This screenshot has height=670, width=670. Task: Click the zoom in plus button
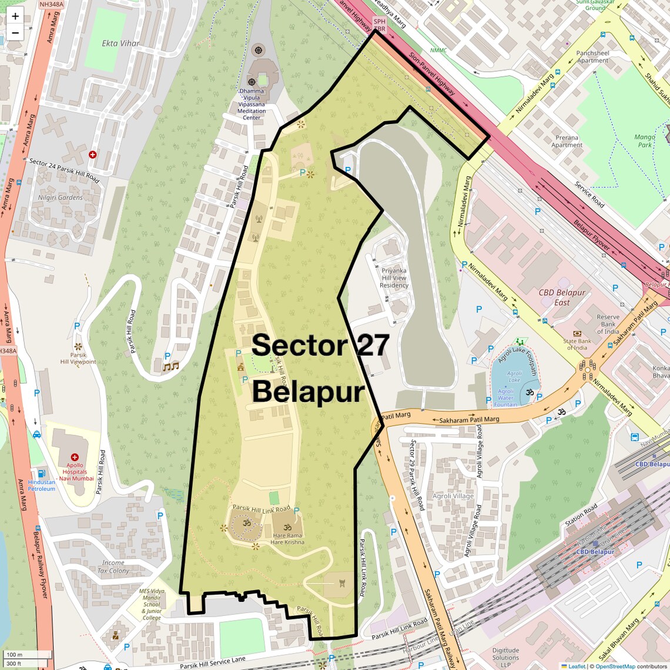(15, 16)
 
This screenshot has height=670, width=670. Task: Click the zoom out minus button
(15, 33)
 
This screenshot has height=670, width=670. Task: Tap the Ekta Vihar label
(120, 43)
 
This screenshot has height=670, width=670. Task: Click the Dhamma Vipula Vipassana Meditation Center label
(252, 105)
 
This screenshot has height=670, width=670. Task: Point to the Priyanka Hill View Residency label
(394, 278)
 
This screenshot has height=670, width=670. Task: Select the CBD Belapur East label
(562, 297)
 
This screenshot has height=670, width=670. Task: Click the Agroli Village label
(453, 496)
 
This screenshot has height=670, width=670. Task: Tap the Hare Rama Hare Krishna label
(287, 538)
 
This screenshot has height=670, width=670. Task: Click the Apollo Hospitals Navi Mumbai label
(75, 471)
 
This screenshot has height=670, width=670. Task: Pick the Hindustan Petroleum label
(41, 485)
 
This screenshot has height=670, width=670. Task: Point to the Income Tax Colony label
(113, 567)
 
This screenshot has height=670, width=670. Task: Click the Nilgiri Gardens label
(61, 197)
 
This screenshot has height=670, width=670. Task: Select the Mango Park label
(645, 140)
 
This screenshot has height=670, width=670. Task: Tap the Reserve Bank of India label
(608, 324)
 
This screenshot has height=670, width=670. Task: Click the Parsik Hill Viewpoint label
(78, 358)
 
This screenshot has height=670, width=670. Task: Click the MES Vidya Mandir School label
(152, 604)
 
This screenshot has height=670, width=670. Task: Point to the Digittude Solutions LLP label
(505, 657)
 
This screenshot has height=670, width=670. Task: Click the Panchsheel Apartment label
(592, 56)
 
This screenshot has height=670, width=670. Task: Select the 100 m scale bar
(27, 655)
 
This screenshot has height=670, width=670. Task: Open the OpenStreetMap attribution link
(615, 666)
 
